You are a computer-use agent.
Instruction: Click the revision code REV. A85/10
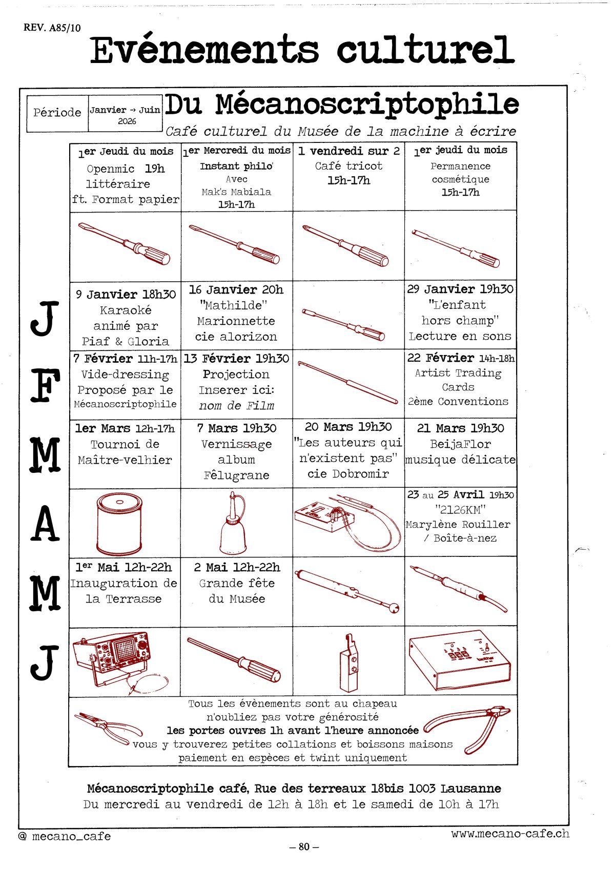(x=52, y=28)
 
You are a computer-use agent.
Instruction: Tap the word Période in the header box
(x=57, y=113)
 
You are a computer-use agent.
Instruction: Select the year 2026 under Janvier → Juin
(x=127, y=121)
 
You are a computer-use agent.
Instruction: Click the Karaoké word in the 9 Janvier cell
(x=126, y=310)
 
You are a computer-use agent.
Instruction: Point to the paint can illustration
(x=119, y=523)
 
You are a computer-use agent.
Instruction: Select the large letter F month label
(x=46, y=385)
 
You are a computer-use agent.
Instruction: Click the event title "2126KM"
(x=460, y=509)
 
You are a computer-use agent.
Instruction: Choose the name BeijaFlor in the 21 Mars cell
(x=460, y=444)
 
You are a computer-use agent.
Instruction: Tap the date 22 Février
(x=440, y=358)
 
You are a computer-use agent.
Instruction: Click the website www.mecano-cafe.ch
(x=510, y=833)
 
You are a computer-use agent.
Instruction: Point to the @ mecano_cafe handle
(x=65, y=836)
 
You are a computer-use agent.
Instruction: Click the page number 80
(x=304, y=846)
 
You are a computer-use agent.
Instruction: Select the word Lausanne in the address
(x=470, y=789)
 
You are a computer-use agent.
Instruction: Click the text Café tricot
(x=348, y=166)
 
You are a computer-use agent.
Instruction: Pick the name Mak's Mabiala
(x=236, y=192)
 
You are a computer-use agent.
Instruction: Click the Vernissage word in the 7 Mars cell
(x=236, y=444)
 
